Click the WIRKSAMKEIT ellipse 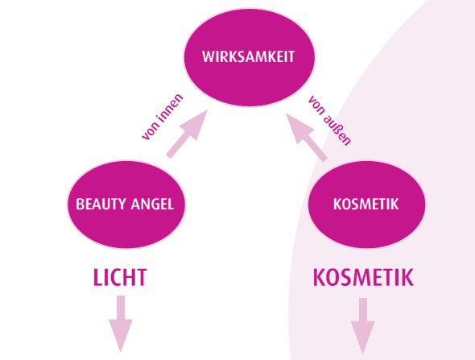[250, 57]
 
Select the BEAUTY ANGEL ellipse [126, 204]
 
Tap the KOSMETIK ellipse [366, 204]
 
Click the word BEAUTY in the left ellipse [101, 204]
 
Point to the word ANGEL [152, 204]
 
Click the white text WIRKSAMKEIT [249, 56]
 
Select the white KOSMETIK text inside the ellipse [366, 204]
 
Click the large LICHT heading [120, 277]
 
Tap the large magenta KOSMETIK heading [363, 277]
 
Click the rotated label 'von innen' [163, 117]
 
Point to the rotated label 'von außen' [329, 121]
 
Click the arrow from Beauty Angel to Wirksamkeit [188, 134]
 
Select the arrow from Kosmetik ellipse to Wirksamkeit [307, 137]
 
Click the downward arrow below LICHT [121, 324]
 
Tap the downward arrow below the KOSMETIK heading [363, 325]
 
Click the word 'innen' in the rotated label [170, 109]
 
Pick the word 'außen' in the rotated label [338, 130]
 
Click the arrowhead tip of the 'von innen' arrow [208, 110]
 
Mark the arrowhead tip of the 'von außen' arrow [287, 114]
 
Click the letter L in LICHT [97, 277]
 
